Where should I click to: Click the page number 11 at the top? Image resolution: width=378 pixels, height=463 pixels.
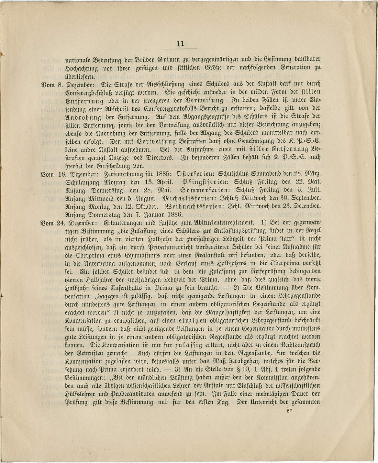[180, 44]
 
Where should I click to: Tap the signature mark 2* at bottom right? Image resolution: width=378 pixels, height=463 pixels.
[289, 410]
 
